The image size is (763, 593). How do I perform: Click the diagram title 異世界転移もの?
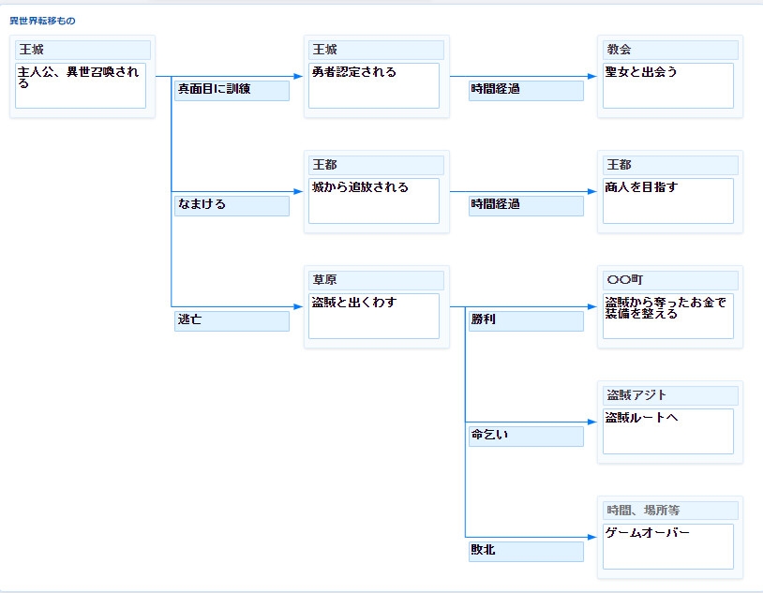43,20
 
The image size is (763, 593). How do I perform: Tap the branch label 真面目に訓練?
215,89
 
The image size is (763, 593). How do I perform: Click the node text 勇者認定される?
354,72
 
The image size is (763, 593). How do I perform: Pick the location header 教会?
619,50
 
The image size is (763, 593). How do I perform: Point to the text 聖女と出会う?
641,72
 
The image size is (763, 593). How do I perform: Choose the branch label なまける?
202,204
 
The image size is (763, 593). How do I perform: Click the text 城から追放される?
360,187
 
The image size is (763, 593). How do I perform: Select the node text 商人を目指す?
641,187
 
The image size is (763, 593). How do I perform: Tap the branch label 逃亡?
189,319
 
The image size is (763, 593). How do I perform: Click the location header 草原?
324,280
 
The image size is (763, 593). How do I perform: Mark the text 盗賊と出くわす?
354,303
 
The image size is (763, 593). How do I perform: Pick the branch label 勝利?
484,319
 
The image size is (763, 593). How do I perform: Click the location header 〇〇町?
625,280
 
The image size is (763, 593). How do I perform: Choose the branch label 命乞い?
489,435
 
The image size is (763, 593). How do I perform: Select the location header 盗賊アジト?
637,395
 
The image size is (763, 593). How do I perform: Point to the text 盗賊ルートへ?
641,418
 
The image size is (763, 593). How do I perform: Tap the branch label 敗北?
484,550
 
